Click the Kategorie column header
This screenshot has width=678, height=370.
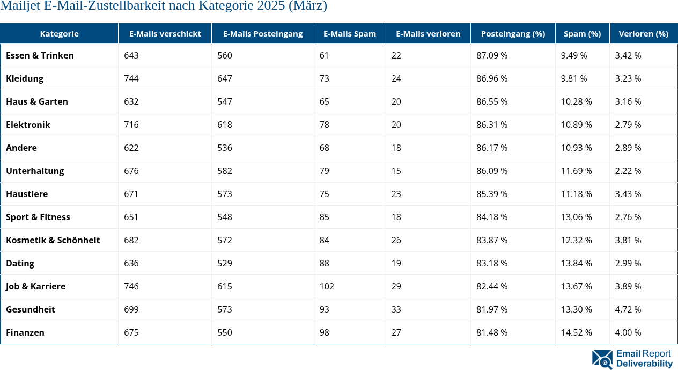pos(59,33)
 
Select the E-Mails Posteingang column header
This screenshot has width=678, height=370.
pos(263,33)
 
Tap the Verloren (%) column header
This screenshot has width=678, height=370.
pos(643,33)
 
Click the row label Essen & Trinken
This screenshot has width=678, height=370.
pos(40,55)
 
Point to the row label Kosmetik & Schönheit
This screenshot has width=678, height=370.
pos(53,240)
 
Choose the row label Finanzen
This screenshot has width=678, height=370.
pos(25,332)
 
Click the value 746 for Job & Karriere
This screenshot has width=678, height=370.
pos(131,286)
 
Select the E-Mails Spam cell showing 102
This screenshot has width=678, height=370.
pos(327,286)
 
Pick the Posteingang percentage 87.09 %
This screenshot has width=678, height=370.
pos(492,55)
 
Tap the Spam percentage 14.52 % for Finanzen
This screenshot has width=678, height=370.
pos(576,332)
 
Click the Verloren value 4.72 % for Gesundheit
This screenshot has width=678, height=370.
pos(628,309)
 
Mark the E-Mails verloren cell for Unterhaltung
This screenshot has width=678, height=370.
pos(396,171)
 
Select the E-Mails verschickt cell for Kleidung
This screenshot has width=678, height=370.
pos(131,78)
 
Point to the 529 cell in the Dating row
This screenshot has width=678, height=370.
pos(225,263)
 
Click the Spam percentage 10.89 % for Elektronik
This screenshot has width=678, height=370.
pos(576,125)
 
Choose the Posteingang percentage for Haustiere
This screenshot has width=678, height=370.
pos(492,194)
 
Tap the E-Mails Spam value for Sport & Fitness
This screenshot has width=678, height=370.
pos(324,217)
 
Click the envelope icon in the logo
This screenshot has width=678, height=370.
pos(602,359)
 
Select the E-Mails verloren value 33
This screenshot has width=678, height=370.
pos(396,309)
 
